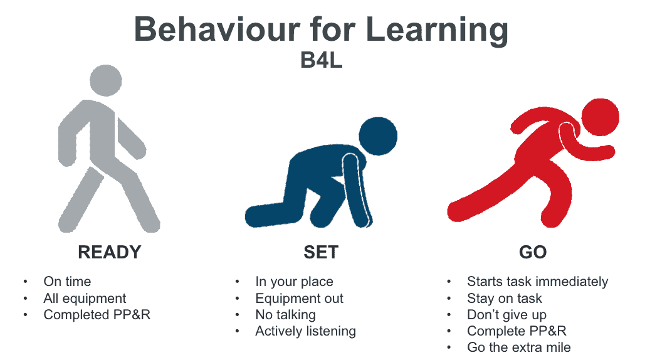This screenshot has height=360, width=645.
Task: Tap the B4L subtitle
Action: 322,60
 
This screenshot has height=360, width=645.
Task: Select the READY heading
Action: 110,252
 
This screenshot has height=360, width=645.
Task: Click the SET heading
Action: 321,252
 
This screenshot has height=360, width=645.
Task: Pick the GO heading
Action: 533,252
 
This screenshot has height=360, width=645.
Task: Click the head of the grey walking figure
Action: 106,81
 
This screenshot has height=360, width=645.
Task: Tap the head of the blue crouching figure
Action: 378,136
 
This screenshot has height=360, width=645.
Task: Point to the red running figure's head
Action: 600,117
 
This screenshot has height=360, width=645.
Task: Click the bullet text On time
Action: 67,282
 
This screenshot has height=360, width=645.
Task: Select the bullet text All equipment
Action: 85,299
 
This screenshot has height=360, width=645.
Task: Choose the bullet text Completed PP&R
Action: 97,315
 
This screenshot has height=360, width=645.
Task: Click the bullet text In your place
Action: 294,282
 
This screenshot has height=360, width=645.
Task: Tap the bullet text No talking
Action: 285,315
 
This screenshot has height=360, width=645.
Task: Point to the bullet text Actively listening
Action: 306,331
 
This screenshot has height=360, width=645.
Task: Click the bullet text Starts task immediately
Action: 538,282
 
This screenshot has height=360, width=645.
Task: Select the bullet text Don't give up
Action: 506,315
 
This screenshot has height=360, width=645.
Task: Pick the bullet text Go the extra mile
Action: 519,347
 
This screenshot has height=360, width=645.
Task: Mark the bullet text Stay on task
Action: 505,299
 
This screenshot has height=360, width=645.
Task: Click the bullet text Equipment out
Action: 300,299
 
